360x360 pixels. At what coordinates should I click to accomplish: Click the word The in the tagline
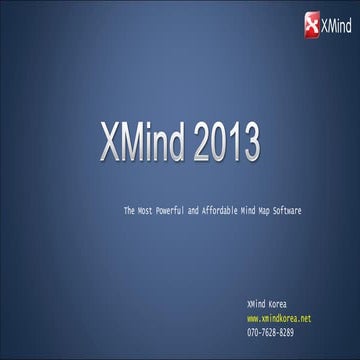point(129,211)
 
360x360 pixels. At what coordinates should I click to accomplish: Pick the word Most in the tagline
point(147,211)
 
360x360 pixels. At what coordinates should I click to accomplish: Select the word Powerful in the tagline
point(176,211)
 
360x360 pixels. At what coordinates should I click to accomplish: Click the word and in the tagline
point(201,211)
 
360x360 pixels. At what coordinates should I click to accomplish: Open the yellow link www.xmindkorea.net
point(278,318)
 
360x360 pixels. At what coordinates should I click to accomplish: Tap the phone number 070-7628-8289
point(270,331)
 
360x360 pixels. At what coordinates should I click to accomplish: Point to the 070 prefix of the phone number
point(252,331)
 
